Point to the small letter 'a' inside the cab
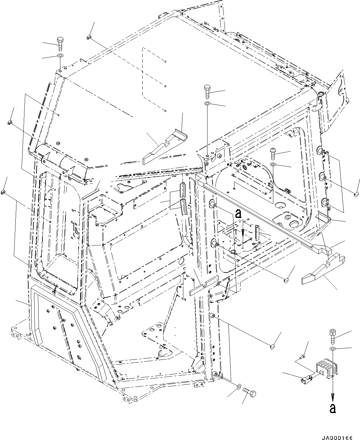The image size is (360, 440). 238,213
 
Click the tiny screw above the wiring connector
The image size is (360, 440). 302,357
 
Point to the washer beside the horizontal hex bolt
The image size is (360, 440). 239,385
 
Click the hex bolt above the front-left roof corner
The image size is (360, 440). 60,43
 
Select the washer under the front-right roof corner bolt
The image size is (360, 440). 207,104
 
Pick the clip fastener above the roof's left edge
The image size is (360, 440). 89,38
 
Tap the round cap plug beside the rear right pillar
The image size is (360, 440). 356,194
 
